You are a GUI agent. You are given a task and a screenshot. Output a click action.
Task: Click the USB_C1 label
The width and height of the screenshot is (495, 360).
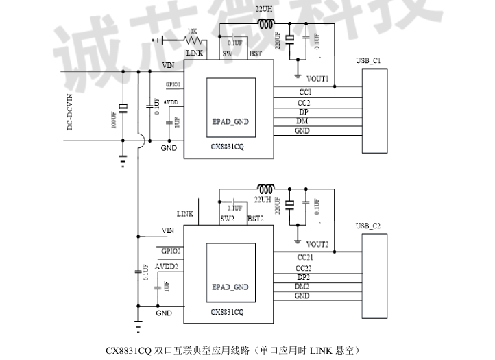pos(368,61)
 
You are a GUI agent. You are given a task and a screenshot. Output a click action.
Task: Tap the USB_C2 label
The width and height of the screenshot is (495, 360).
pos(368,226)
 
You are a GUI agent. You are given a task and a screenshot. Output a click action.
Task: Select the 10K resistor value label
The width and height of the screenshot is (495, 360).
pos(192,32)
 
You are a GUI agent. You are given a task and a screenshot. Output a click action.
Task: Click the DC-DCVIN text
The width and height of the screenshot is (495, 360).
pos(69,113)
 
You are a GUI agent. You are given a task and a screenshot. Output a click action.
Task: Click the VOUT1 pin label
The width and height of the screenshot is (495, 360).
pos(317,79)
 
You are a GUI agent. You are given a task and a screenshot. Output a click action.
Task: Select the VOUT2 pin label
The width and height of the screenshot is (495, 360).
pos(317,244)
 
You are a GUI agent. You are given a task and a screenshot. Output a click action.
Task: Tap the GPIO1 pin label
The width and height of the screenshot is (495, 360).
pos(173,84)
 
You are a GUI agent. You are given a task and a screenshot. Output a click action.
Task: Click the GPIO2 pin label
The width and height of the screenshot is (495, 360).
pos(171,250)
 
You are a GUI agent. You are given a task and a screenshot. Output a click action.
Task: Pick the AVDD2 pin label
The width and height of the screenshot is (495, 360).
pos(167,266)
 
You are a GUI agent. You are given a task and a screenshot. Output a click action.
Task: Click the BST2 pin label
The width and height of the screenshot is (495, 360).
pos(256,218)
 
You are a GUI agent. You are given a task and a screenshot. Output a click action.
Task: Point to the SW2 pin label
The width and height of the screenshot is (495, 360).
pos(228,218)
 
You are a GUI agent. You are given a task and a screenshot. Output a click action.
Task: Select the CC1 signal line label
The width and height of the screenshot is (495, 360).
pos(305,91)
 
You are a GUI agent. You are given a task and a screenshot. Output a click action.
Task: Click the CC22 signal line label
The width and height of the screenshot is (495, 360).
pos(303,268)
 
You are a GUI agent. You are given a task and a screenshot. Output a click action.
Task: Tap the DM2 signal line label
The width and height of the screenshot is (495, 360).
pos(302,286)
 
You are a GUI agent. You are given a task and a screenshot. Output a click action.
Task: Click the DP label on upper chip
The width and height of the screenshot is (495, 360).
pos(303,112)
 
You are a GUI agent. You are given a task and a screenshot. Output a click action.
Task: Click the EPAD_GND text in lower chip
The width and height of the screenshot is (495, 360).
pos(230,287)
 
